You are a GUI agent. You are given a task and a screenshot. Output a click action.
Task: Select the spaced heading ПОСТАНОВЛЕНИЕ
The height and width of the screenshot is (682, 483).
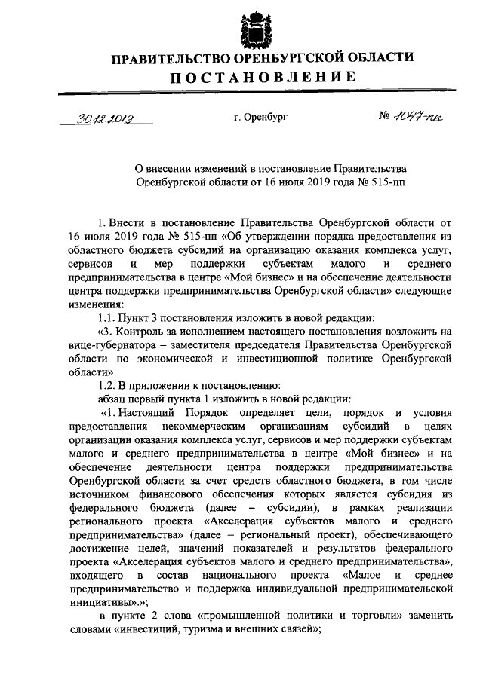pos(261,77)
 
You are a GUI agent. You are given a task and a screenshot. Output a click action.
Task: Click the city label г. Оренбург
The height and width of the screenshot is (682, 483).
pos(261,118)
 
